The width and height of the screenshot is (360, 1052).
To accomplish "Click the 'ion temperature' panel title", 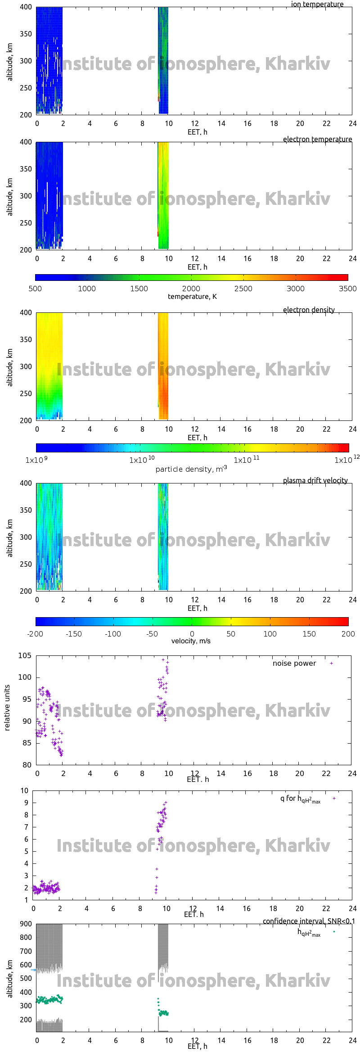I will click(317, 5).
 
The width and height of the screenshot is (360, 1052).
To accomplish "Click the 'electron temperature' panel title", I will click(317, 140).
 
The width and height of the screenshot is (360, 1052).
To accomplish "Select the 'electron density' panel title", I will click(309, 310).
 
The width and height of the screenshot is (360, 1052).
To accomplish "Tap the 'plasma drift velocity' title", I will click(315, 481).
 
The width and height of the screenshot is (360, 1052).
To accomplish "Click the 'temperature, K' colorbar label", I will click(192, 297).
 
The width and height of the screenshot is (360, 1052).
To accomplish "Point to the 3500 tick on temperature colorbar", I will click(347, 289).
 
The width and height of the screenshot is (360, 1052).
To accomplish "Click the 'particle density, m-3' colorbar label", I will click(191, 469).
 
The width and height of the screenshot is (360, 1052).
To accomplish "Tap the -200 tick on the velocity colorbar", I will click(35, 634).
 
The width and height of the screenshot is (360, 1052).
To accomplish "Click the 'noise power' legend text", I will click(294, 664).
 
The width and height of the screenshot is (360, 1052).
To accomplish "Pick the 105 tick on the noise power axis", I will click(25, 656).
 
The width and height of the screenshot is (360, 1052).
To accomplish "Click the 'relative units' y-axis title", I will click(7, 708).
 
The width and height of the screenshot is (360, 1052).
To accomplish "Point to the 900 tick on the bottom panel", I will click(26, 924).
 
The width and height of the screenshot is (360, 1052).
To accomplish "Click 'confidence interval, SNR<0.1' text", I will click(309, 921).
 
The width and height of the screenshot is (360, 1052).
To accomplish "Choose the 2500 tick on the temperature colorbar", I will click(243, 289).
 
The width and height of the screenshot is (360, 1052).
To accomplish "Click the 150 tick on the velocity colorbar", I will click(309, 634).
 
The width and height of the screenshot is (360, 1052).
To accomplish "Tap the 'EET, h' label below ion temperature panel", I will click(197, 132).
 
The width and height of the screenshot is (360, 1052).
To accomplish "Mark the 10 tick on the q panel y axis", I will click(24, 791).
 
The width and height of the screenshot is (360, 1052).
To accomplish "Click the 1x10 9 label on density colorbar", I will click(36, 460).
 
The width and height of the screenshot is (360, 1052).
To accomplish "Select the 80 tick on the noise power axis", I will click(27, 765).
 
